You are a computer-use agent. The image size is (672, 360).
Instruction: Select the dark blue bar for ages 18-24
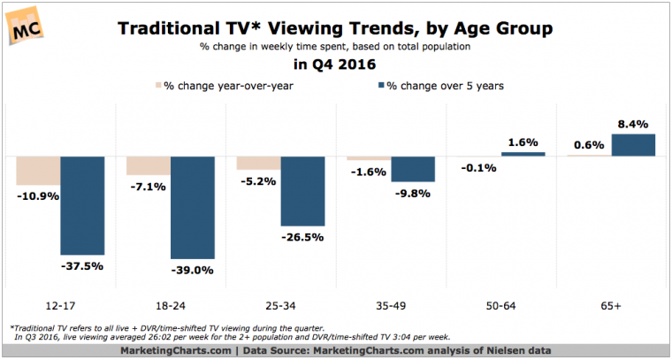(x=192, y=207)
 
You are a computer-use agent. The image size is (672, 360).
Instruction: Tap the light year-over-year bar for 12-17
(x=38, y=171)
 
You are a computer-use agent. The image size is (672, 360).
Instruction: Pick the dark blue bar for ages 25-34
(x=302, y=190)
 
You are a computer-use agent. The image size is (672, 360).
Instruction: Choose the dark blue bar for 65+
(x=633, y=145)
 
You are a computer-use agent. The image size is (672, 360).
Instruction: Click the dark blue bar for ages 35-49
(x=413, y=168)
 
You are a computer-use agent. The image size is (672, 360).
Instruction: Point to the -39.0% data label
(x=194, y=271)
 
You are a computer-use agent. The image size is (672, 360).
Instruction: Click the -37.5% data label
(x=83, y=266)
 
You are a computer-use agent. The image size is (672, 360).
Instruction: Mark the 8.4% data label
(x=633, y=124)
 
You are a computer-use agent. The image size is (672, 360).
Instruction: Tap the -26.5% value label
(x=303, y=237)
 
